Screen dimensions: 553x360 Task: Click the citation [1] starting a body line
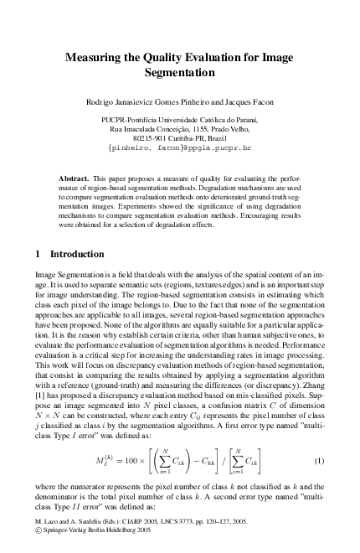[x=39, y=393]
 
